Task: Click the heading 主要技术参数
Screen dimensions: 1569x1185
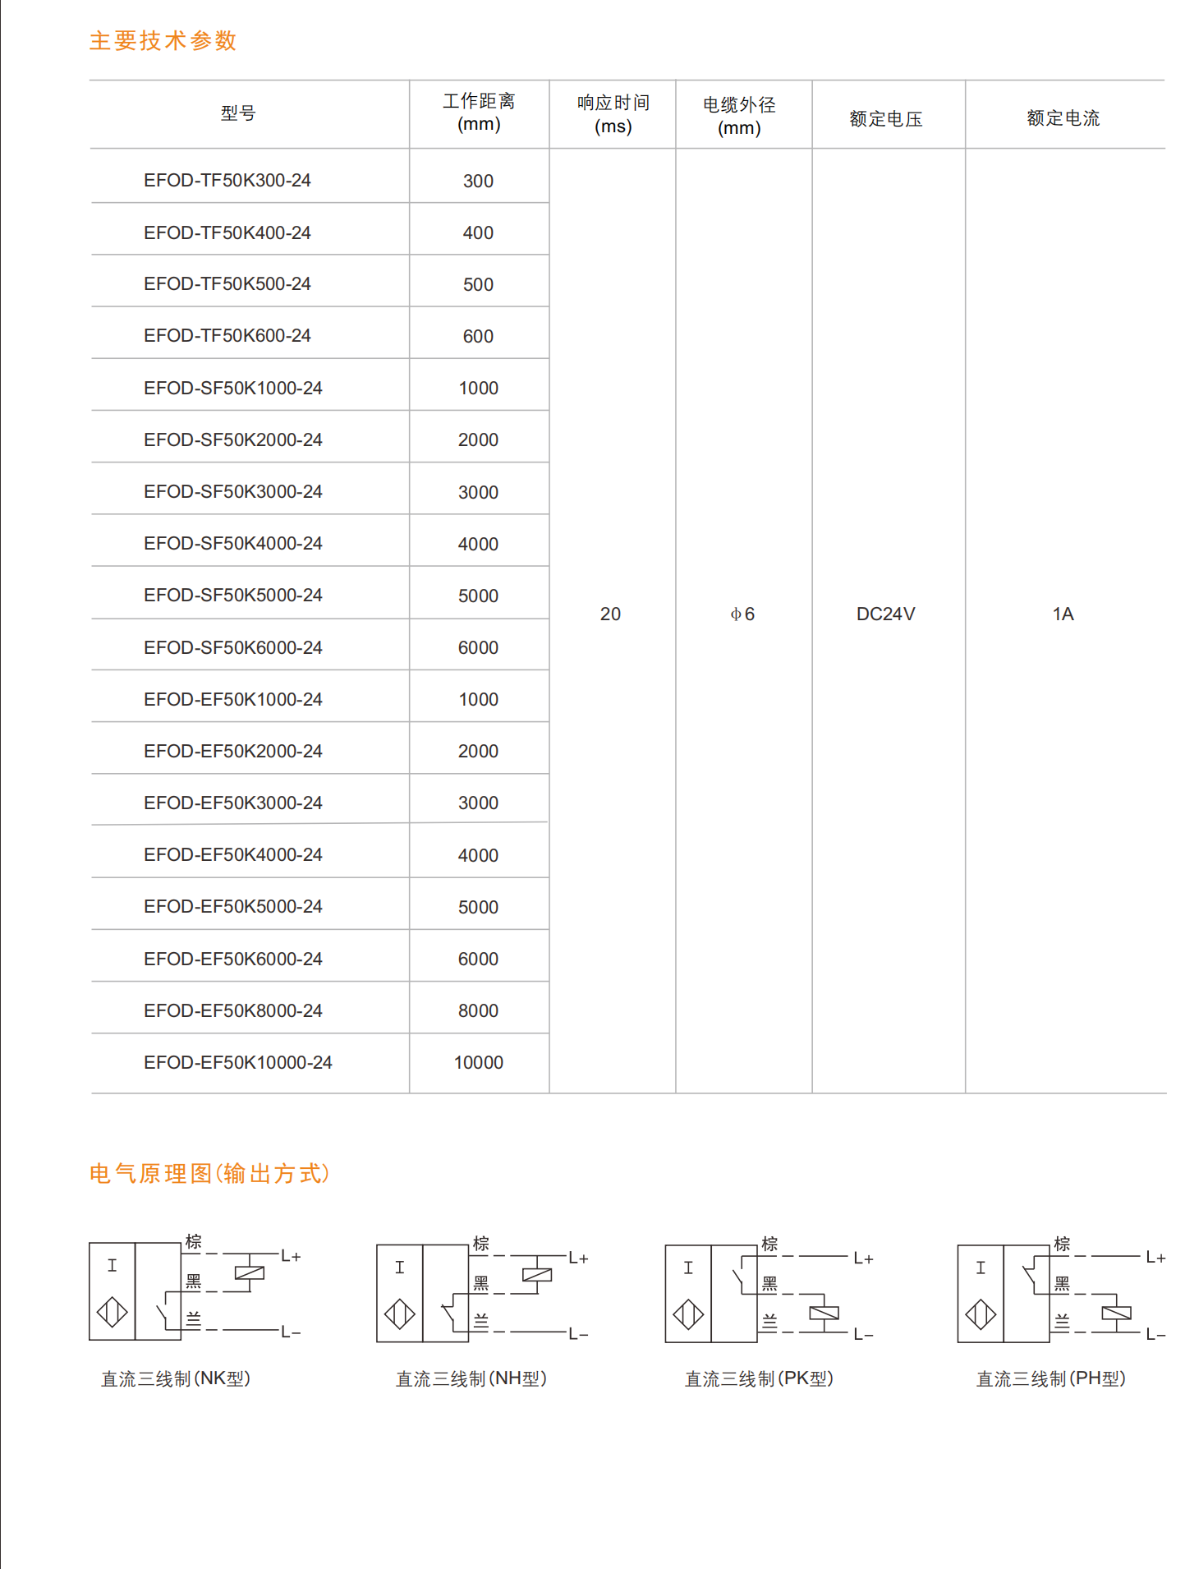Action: point(163,41)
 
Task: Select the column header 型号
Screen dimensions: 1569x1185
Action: point(238,113)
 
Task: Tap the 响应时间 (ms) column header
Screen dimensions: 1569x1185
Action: point(613,114)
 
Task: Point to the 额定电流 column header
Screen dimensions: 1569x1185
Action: point(1063,118)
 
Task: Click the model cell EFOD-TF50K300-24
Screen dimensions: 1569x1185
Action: point(227,181)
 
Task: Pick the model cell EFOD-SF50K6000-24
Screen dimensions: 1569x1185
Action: point(232,648)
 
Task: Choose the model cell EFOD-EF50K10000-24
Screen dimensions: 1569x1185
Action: point(237,1063)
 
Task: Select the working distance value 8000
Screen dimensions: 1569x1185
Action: point(478,1011)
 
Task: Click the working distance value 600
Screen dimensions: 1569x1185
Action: point(478,337)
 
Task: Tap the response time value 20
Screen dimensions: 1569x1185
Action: point(610,614)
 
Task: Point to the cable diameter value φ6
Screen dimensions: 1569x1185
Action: point(742,614)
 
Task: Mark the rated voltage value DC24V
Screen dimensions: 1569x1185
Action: point(885,614)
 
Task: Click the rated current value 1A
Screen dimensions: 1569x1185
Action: point(1063,614)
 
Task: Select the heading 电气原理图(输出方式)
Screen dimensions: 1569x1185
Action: point(209,1174)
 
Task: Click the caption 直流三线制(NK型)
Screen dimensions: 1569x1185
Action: point(176,1379)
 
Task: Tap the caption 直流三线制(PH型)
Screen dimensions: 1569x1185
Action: point(1050,1379)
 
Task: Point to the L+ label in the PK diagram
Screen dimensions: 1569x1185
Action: point(863,1258)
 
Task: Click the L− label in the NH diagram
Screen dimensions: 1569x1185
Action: point(578,1335)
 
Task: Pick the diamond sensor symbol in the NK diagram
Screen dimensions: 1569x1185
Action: point(113,1312)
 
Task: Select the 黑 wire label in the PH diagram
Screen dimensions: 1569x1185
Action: point(1062,1284)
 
